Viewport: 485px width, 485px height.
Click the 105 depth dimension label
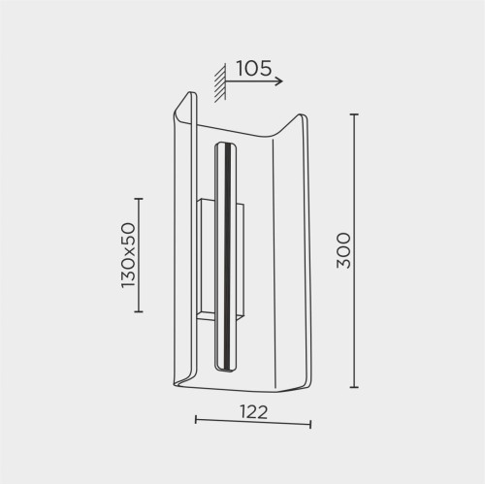(x=254, y=68)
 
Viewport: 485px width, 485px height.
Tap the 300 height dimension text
(x=343, y=250)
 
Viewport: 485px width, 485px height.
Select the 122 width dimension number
(x=254, y=412)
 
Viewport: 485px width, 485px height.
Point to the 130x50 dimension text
(x=128, y=255)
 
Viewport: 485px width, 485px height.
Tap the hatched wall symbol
(x=220, y=83)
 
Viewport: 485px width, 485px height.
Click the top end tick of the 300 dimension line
(x=355, y=114)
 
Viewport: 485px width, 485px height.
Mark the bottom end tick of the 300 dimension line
(x=355, y=387)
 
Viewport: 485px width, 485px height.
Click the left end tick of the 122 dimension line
(x=196, y=420)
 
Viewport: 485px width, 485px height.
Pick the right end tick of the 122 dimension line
(x=310, y=424)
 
